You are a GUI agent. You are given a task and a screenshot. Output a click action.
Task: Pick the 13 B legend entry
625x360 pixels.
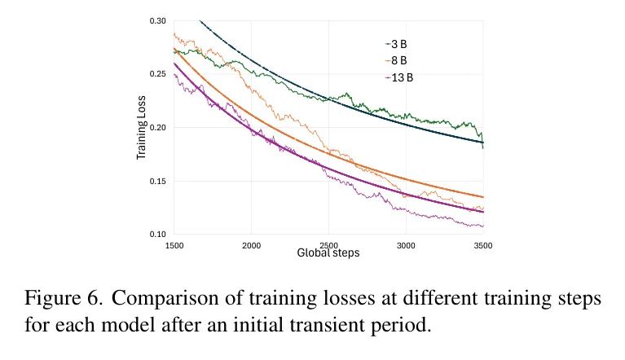tap(398, 77)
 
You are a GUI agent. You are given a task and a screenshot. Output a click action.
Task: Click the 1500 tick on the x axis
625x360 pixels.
tap(174, 244)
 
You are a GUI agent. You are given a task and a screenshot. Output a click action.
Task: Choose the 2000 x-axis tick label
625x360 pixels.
tap(252, 244)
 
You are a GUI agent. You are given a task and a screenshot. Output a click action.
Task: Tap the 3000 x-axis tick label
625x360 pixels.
tap(406, 244)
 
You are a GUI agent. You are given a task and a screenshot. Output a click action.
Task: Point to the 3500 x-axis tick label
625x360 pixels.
tap(483, 244)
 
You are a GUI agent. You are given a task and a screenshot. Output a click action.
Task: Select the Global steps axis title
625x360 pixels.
tap(328, 253)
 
